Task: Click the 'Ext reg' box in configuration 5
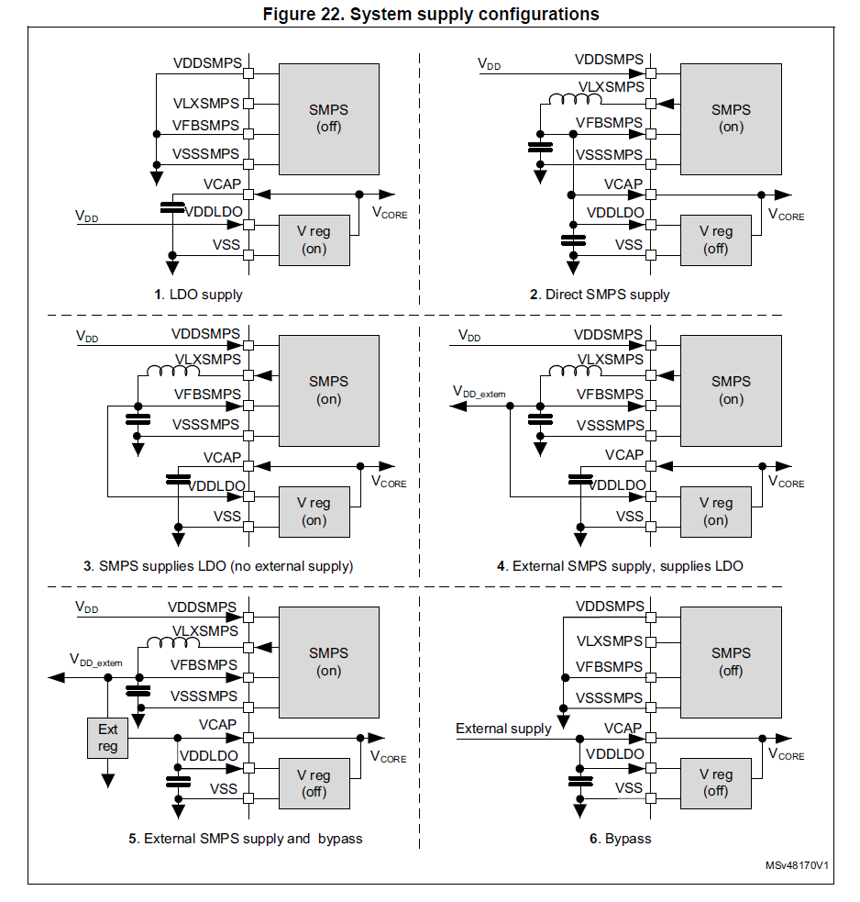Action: [108, 738]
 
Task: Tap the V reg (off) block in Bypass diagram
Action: [716, 783]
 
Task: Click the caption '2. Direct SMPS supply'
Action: [600, 295]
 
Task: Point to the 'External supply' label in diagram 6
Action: [503, 729]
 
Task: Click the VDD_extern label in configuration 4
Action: [480, 392]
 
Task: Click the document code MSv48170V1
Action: [798, 865]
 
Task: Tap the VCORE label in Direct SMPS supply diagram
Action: [786, 215]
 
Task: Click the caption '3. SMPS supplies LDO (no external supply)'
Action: [226, 566]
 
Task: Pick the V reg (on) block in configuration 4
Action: [716, 511]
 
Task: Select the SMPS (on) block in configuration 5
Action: [328, 662]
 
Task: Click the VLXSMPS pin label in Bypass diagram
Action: [610, 640]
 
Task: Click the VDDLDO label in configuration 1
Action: [215, 211]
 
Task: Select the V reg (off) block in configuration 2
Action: [716, 239]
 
